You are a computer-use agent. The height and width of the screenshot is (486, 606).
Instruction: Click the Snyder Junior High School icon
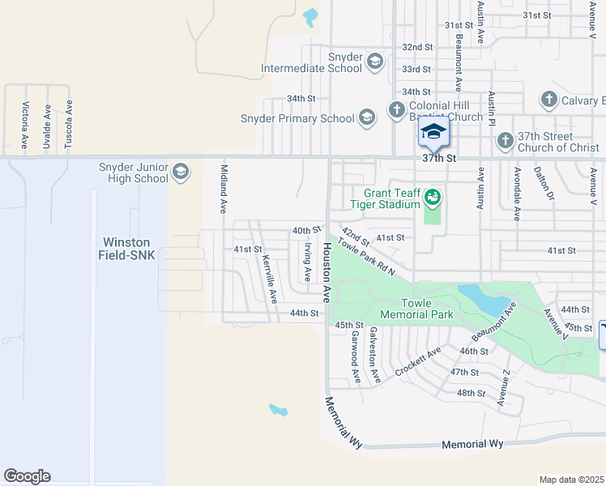click(x=181, y=172)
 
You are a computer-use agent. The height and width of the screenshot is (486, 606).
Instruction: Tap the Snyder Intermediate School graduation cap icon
click(x=374, y=62)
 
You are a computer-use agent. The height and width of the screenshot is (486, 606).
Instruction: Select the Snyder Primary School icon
click(x=367, y=118)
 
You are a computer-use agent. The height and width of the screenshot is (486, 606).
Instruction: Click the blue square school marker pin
click(x=433, y=132)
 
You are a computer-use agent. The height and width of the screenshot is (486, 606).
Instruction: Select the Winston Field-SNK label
click(x=130, y=248)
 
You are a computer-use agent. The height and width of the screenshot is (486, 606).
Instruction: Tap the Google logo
click(x=27, y=476)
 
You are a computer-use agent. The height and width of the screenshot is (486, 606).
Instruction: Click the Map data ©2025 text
click(x=571, y=480)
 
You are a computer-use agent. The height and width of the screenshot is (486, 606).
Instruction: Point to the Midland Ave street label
click(x=224, y=188)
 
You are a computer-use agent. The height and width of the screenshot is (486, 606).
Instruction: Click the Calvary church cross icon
click(x=549, y=100)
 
